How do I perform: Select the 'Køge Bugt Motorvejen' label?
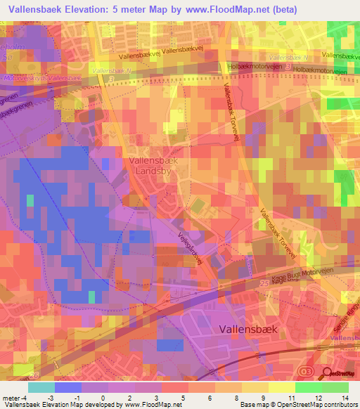click(x=304, y=270)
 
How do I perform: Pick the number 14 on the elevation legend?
click(x=345, y=398)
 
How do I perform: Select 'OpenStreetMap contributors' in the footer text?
click(x=318, y=405)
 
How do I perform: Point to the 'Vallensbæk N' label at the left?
click(x=112, y=71)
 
